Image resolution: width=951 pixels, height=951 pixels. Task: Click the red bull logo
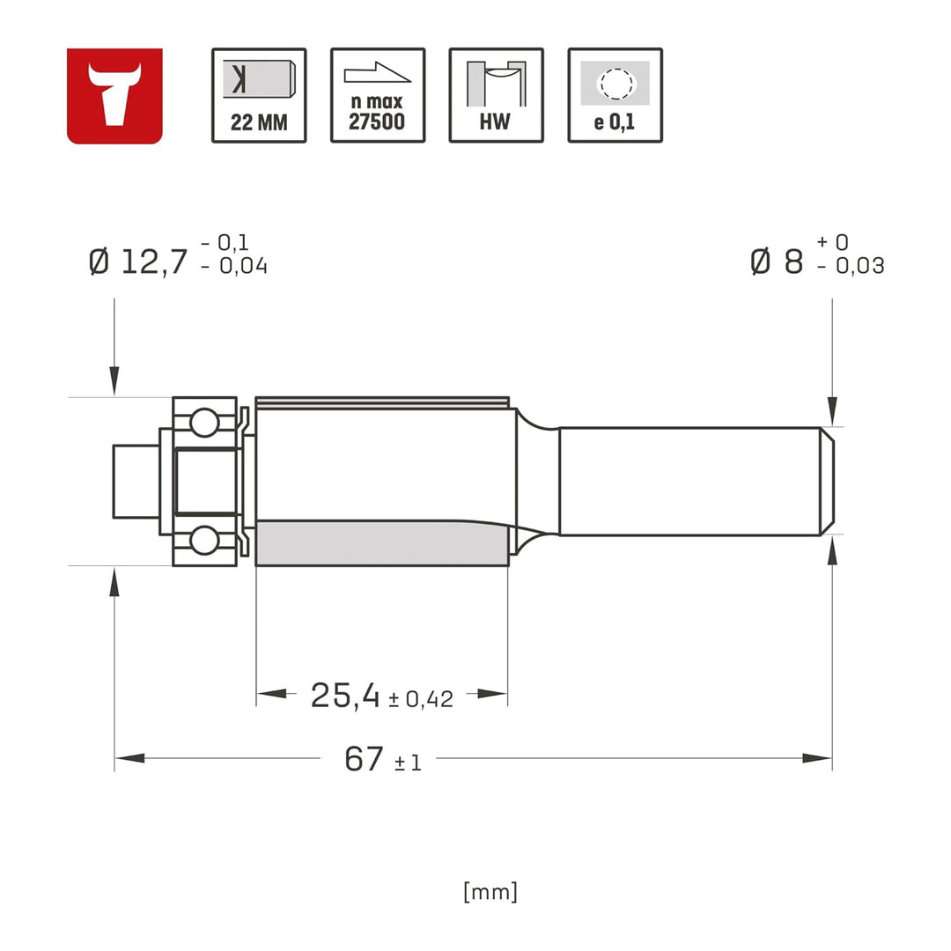[x=114, y=95]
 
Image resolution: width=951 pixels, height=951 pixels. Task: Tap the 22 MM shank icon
[x=259, y=95]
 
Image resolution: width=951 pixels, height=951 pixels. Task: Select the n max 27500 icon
[x=378, y=95]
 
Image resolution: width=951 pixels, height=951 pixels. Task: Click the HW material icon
[x=496, y=95]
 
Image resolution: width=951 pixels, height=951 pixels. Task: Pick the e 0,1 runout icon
[x=615, y=95]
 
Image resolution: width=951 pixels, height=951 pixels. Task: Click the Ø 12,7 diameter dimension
[x=139, y=262]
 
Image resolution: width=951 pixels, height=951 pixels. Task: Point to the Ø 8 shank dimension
[x=777, y=262]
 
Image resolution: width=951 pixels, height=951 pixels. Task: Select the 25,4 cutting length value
[x=345, y=696]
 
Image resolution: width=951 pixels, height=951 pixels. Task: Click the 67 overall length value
[x=364, y=759]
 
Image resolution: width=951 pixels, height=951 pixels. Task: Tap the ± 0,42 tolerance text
[x=421, y=700]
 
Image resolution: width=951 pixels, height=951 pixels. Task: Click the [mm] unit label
[x=490, y=892]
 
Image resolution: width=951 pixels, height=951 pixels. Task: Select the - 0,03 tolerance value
[x=851, y=266]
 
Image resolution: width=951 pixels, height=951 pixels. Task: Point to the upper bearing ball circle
[x=204, y=423]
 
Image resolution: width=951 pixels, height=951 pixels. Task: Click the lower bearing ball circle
[x=204, y=540]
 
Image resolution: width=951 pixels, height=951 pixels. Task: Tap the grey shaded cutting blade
[x=381, y=542]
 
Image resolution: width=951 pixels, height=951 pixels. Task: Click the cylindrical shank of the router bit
[x=691, y=481]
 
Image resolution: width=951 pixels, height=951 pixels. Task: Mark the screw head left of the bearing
[x=135, y=481]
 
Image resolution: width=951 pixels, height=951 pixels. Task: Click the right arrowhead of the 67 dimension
[x=819, y=758]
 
